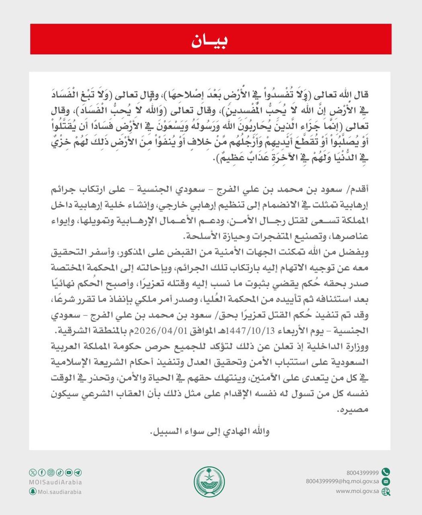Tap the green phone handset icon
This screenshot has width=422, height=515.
[x=386, y=470]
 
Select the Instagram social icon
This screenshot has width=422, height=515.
[x=51, y=473]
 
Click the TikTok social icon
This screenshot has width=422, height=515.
[x=60, y=473]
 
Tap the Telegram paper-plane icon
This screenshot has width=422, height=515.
[x=78, y=473]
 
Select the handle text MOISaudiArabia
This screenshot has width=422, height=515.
[x=56, y=482]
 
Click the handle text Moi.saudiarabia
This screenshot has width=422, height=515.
[x=60, y=492]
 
